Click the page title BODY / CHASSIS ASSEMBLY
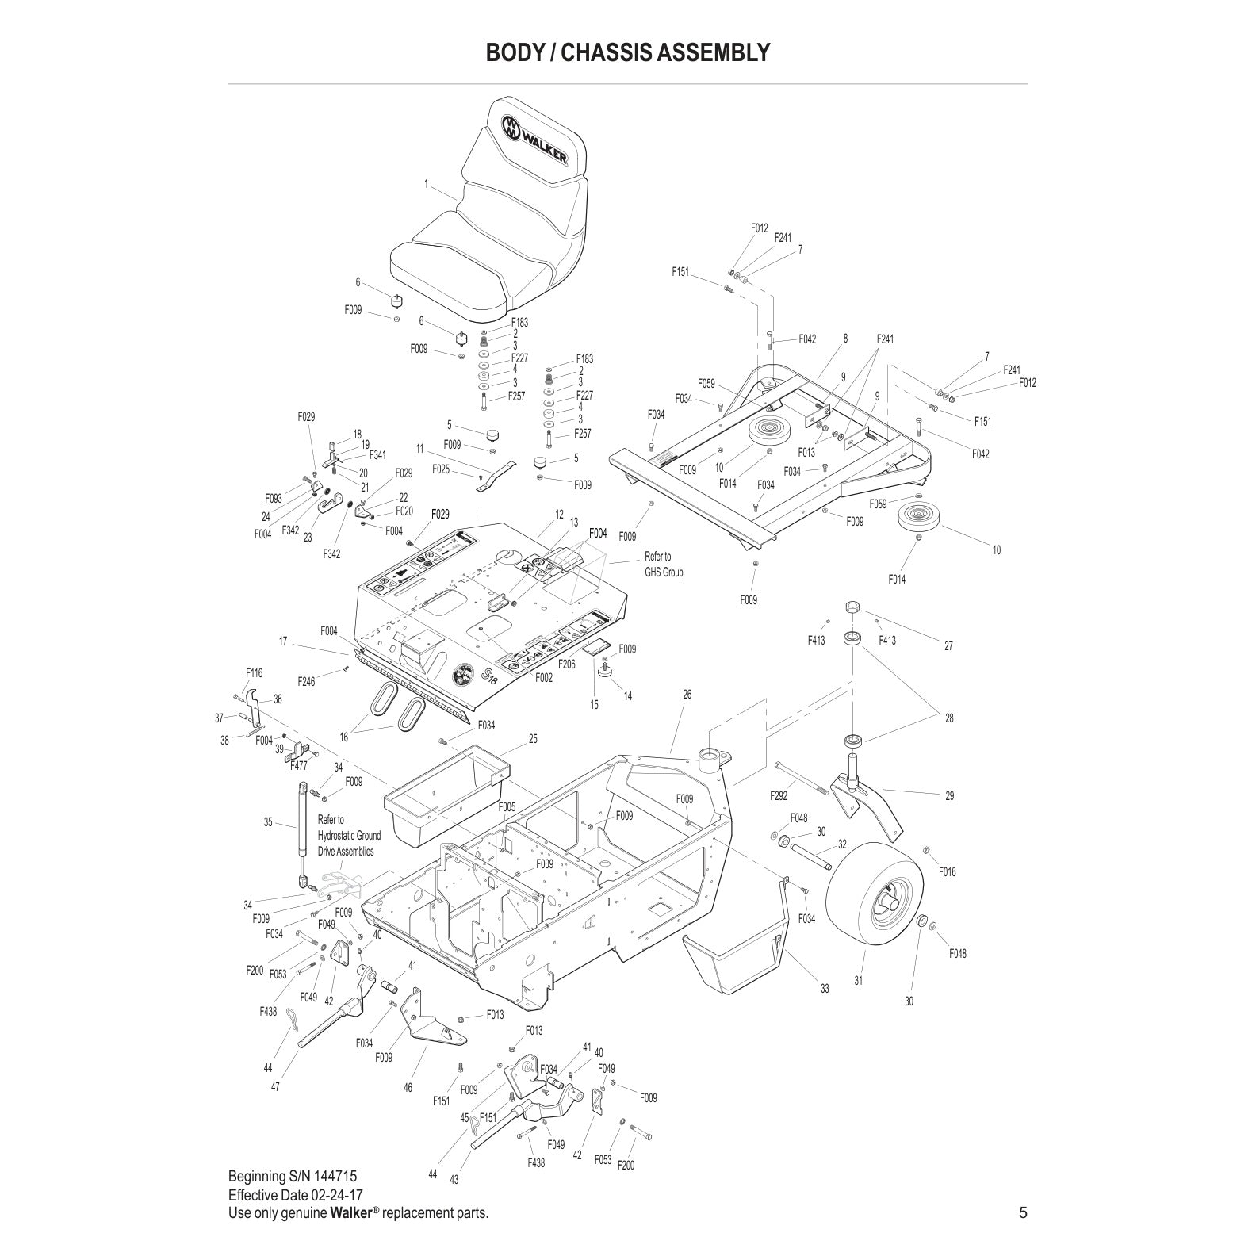pyautogui.click(x=627, y=52)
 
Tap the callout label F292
pyautogui.click(x=779, y=795)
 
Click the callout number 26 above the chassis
pyautogui.click(x=687, y=695)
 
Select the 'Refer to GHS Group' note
pyautogui.click(x=663, y=564)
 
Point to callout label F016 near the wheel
pyautogui.click(x=947, y=871)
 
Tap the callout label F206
pyautogui.click(x=566, y=664)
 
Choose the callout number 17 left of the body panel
pyautogui.click(x=282, y=641)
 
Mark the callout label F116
pyautogui.click(x=254, y=673)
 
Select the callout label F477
pyautogui.click(x=298, y=765)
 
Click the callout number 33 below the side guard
pyautogui.click(x=825, y=988)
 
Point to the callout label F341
pyautogui.click(x=377, y=455)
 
